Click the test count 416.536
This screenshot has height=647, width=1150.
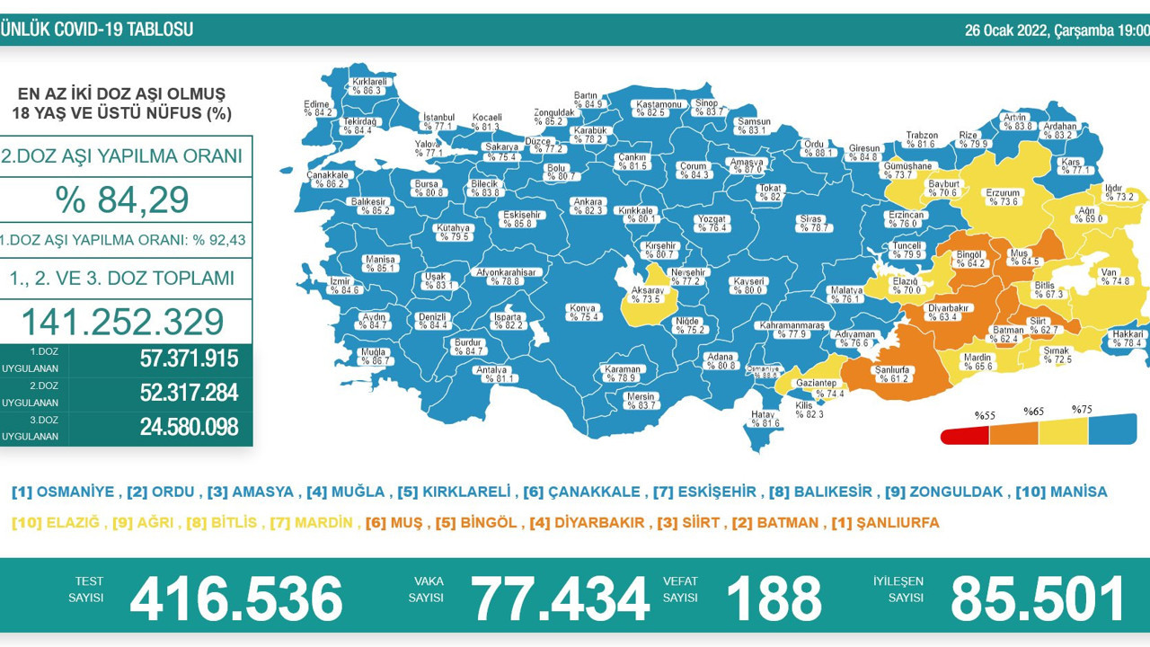236,598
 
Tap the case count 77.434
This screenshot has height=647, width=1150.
561,598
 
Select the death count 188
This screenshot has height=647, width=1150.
774,598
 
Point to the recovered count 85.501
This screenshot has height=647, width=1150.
1038,598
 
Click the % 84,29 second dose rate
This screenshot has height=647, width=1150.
122,199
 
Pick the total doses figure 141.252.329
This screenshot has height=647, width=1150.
122,322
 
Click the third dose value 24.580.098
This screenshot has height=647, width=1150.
189,428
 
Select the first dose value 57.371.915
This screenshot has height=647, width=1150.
189,359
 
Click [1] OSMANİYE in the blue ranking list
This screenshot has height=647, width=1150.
63,492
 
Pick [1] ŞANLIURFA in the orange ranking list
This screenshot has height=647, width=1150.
885,522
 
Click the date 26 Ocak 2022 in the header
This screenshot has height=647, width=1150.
1006,31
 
